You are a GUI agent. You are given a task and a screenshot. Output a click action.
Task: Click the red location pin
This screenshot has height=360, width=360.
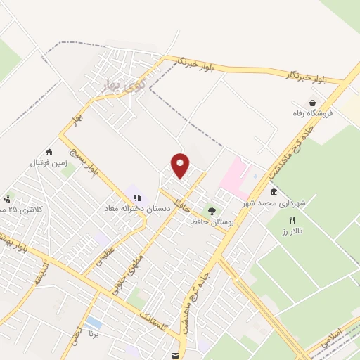pos(181,165)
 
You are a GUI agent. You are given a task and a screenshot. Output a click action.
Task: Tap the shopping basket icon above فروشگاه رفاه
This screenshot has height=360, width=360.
pos(312,103)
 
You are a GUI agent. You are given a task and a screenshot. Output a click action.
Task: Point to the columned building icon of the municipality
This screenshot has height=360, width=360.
pos(273,193)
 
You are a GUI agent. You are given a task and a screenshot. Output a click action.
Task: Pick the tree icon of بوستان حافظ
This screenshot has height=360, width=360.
pos(212,211)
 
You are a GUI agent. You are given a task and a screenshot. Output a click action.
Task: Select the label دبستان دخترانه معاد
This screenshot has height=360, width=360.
pos(129,208)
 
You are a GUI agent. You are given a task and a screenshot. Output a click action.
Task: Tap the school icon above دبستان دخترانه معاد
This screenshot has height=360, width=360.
pos(136,198)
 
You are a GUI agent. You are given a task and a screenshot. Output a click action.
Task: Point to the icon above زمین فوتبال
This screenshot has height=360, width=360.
pos(49,152)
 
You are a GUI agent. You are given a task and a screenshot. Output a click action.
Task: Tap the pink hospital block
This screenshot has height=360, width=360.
pos(234,176)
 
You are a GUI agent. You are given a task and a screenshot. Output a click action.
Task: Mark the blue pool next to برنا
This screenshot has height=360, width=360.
pos(94,323)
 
